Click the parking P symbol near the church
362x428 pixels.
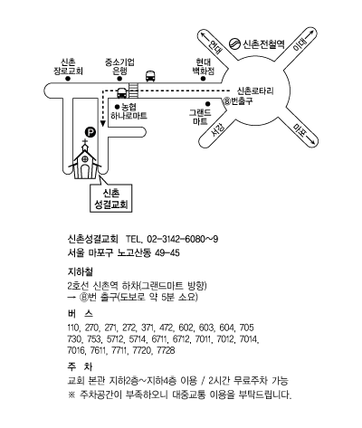tap(90, 132)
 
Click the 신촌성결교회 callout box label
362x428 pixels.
tap(111, 199)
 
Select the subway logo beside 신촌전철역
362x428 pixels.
tap(234, 44)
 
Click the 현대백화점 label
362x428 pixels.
tap(204, 67)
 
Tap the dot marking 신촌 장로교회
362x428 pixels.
tap(68, 79)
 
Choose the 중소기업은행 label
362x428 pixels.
tap(119, 67)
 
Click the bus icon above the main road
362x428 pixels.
tap(150, 76)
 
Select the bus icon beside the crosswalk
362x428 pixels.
tap(122, 93)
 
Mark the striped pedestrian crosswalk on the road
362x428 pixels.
tap(133, 90)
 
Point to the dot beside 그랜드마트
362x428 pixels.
tap(208, 104)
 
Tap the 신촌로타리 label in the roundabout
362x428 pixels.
tap(255, 90)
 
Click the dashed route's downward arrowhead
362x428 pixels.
tap(103, 124)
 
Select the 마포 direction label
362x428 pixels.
tap(299, 130)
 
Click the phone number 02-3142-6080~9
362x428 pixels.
tap(182, 239)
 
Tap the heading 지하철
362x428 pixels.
tap(81, 271)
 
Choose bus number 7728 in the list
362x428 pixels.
tap(166, 350)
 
